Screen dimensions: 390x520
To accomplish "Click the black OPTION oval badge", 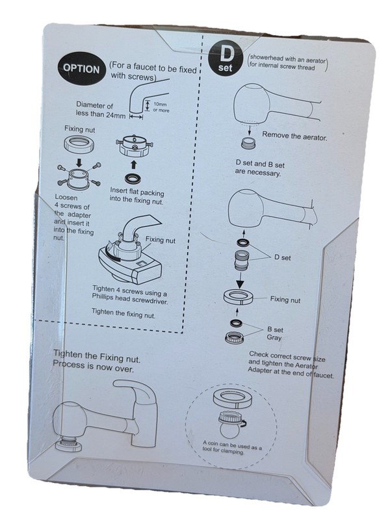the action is pyautogui.click(x=82, y=69).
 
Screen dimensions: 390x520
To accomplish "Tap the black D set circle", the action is pyautogui.click(x=226, y=59).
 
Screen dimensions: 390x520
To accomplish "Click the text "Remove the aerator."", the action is pyautogui.click(x=294, y=136).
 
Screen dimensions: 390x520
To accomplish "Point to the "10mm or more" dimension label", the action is pyautogui.click(x=161, y=107).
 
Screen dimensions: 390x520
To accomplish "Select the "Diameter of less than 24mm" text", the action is pyautogui.click(x=101, y=110).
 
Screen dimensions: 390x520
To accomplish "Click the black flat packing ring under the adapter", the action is pyautogui.click(x=134, y=179).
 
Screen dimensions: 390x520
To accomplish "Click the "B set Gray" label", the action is pyautogui.click(x=275, y=333).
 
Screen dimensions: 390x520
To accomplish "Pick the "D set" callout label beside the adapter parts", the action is pyautogui.click(x=282, y=257).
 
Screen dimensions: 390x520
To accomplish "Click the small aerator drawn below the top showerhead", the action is pyautogui.click(x=248, y=143).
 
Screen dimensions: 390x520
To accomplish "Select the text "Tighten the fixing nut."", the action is pyautogui.click(x=123, y=313).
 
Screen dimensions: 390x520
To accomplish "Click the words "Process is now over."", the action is pyautogui.click(x=93, y=366).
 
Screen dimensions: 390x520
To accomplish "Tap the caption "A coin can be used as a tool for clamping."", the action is pyautogui.click(x=231, y=447).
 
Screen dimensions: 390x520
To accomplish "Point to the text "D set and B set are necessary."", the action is pyautogui.click(x=259, y=168).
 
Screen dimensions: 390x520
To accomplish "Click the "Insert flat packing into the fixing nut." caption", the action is pyautogui.click(x=137, y=196).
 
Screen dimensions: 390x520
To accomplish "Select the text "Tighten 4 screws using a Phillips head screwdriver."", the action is pyautogui.click(x=129, y=295).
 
